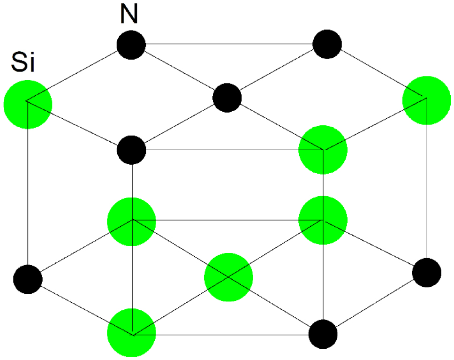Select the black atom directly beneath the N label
click(132, 45)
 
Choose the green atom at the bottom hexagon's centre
click(228, 277)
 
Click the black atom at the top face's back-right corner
click(327, 45)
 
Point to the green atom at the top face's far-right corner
click(427, 100)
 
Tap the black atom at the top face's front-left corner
click(132, 150)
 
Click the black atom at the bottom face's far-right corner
click(427, 272)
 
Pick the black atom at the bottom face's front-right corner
click(323, 334)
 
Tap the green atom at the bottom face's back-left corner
click(132, 221)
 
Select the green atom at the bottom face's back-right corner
click(323, 221)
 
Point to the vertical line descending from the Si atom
click(28, 188)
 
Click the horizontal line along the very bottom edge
click(230, 335)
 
